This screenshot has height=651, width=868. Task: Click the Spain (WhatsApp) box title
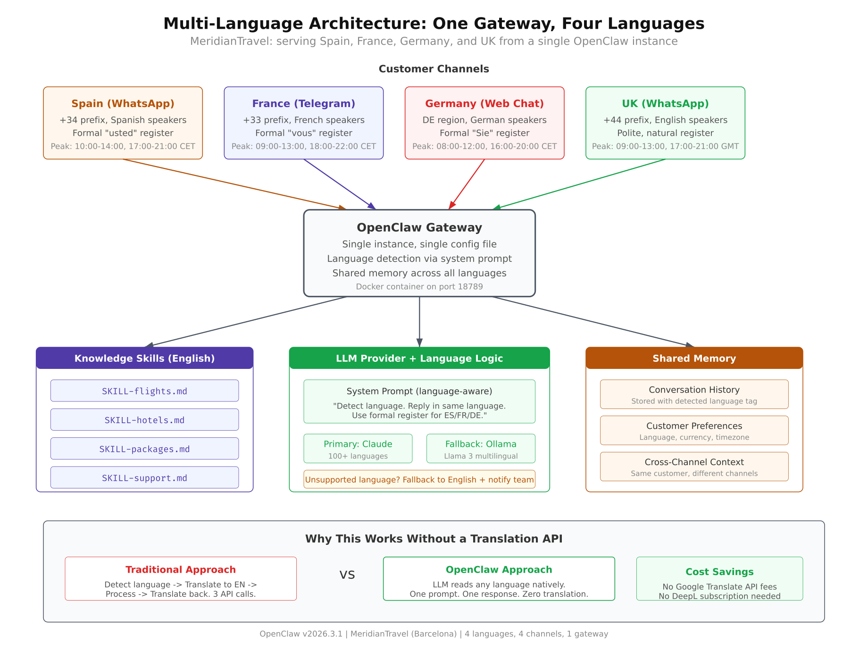click(x=123, y=104)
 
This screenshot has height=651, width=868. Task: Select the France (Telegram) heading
click(x=303, y=104)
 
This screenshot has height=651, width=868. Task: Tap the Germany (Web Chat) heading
click(x=484, y=104)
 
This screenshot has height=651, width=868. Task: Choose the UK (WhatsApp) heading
click(x=665, y=104)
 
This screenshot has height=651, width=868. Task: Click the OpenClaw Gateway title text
click(x=419, y=228)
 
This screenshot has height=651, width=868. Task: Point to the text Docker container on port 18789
click(x=419, y=287)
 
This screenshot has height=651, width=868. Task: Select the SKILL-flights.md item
click(x=144, y=391)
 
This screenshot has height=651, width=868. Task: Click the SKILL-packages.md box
click(x=144, y=449)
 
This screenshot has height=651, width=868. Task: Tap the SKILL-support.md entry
click(x=144, y=478)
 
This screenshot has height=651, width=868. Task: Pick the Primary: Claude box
click(x=358, y=449)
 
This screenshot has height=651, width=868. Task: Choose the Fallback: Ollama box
click(x=480, y=449)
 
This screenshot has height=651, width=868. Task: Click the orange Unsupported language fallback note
click(x=419, y=480)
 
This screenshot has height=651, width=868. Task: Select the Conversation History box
click(x=694, y=394)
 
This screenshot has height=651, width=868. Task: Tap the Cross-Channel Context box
click(x=694, y=467)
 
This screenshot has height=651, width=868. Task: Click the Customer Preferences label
click(x=694, y=426)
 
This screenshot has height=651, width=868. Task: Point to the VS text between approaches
click(x=347, y=575)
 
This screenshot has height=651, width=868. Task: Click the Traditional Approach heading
click(x=180, y=570)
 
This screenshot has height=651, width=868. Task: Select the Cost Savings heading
click(x=719, y=572)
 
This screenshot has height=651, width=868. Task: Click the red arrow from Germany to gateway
click(x=467, y=184)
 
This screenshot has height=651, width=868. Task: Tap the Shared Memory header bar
click(x=694, y=359)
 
